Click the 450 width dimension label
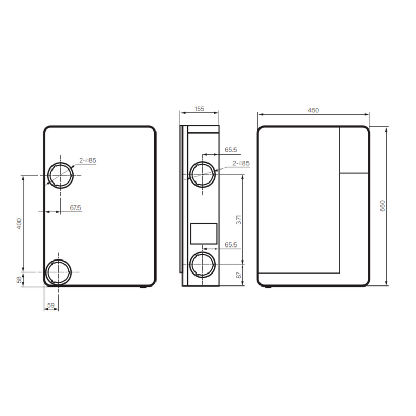pos(313,110)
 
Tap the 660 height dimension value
pos(382,206)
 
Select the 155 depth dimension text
pos(200,109)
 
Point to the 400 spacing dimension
pos(19,224)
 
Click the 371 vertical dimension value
pos(239,219)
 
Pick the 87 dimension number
pos(239,275)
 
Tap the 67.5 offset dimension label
pos(75,207)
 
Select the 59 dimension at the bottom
pos(50,305)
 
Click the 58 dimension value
pos(19,280)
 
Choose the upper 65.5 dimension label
pos(231,150)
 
